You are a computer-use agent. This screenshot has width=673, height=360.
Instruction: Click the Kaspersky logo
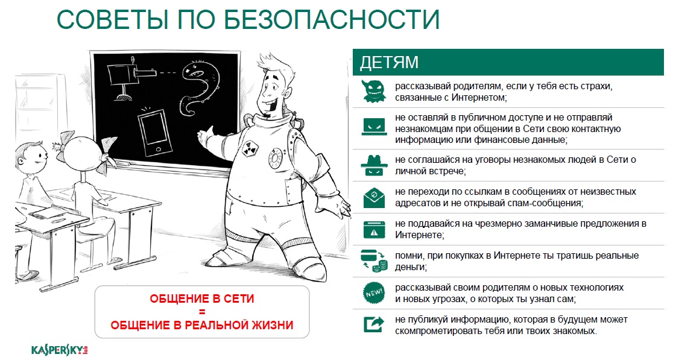[59, 350]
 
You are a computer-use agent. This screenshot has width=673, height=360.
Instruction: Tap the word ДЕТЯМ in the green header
[389, 63]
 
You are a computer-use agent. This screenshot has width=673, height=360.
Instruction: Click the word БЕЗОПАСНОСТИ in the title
[332, 19]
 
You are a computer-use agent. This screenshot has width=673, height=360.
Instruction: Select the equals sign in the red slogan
[202, 312]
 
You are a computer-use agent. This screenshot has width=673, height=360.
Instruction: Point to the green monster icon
[374, 91]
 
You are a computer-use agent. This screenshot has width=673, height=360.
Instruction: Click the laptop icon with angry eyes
[374, 127]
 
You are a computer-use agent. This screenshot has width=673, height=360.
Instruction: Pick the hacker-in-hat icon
[374, 165]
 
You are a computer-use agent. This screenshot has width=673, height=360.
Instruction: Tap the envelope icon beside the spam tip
[374, 197]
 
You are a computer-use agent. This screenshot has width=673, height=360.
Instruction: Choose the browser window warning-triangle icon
[374, 229]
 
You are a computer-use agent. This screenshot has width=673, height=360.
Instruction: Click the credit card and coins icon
[374, 261]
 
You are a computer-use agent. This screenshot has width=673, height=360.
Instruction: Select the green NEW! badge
[374, 293]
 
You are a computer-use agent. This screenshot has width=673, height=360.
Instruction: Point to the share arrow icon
[374, 324]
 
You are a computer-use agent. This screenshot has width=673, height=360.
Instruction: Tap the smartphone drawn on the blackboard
[155, 133]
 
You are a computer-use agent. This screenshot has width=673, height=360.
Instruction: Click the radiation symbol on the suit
[249, 148]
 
